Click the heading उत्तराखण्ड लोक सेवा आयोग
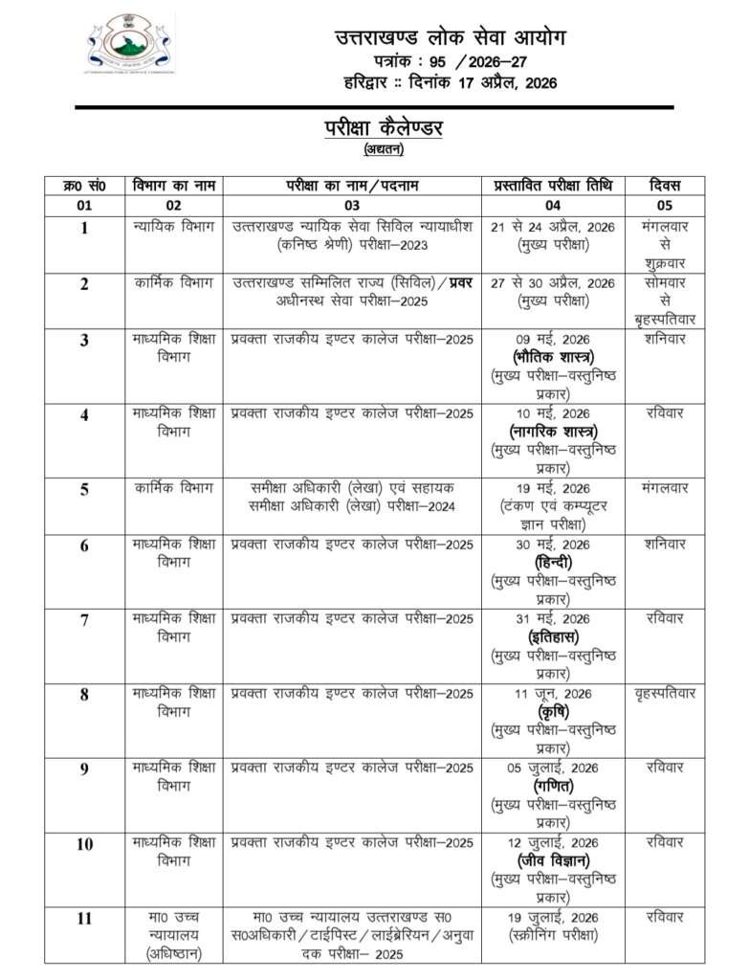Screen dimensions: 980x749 coord(450,38)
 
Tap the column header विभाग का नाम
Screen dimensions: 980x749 coord(172,185)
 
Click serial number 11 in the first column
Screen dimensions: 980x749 coord(84,919)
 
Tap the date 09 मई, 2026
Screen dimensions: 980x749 coord(552,340)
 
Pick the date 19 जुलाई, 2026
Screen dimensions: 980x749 coord(552,917)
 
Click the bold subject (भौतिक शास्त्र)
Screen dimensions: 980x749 coord(552,357)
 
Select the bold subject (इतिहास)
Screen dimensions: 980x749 coord(552,636)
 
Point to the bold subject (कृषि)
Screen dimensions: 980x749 coord(552,711)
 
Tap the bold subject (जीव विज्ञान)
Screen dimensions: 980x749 coord(552,859)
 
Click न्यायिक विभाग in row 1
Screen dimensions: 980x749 coord(172,227)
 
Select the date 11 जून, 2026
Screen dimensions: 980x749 coord(552,693)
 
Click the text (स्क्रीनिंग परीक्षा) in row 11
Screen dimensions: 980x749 coord(552,935)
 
